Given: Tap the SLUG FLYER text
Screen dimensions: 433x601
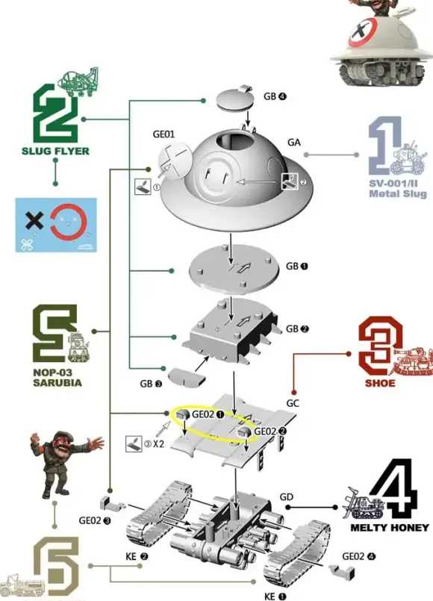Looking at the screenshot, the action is click(55, 151).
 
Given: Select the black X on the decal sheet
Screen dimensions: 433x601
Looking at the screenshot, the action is click(34, 221).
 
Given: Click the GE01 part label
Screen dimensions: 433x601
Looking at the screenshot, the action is click(163, 134).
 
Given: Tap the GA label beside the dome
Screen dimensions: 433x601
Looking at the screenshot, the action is click(294, 142).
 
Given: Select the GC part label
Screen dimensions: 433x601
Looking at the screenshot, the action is click(293, 403).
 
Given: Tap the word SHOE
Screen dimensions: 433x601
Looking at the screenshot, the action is click(380, 383).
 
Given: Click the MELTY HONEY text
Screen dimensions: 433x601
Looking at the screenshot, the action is click(390, 528).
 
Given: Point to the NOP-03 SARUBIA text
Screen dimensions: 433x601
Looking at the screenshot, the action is click(57, 378).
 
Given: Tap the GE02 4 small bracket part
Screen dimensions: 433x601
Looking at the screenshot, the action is click(342, 572).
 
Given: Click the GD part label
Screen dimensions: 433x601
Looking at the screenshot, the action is click(287, 496).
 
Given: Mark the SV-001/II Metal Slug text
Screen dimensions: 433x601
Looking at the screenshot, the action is click(398, 189).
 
